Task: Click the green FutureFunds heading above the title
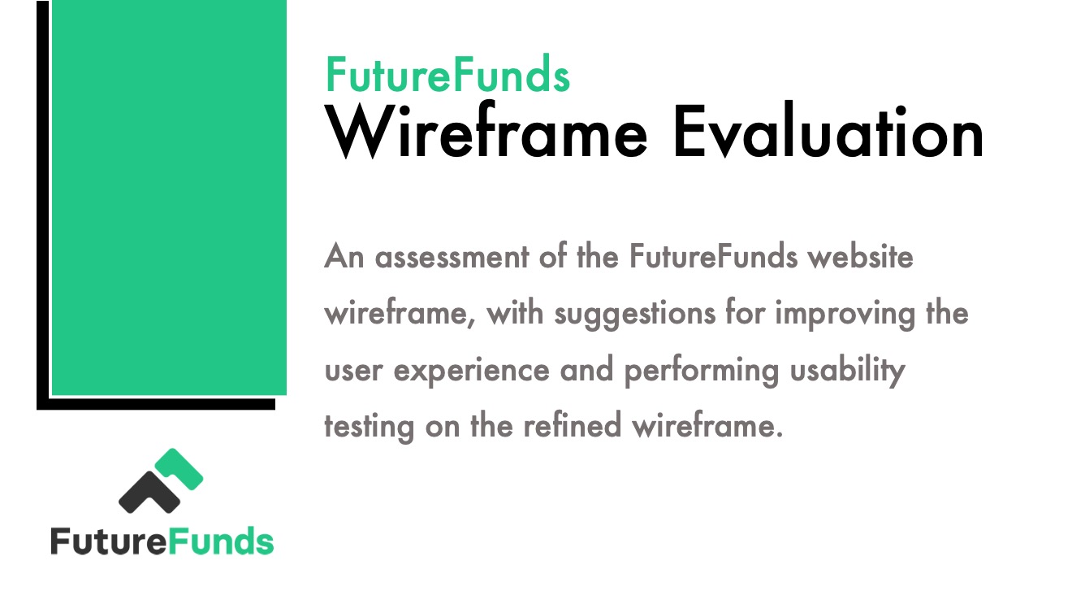(447, 74)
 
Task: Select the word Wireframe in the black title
(486, 130)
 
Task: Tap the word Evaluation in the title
(828, 130)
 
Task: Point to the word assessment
(452, 257)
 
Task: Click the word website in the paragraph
(860, 256)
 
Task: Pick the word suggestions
(634, 315)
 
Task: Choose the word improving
(845, 315)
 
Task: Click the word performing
(702, 370)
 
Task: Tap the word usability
(848, 369)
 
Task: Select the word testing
(370, 426)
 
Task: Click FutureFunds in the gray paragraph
(714, 256)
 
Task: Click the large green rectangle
(169, 198)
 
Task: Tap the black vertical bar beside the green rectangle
(43, 205)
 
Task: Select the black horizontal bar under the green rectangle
(156, 404)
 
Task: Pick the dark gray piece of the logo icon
(149, 493)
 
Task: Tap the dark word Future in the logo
(109, 541)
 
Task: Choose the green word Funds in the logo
(221, 541)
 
